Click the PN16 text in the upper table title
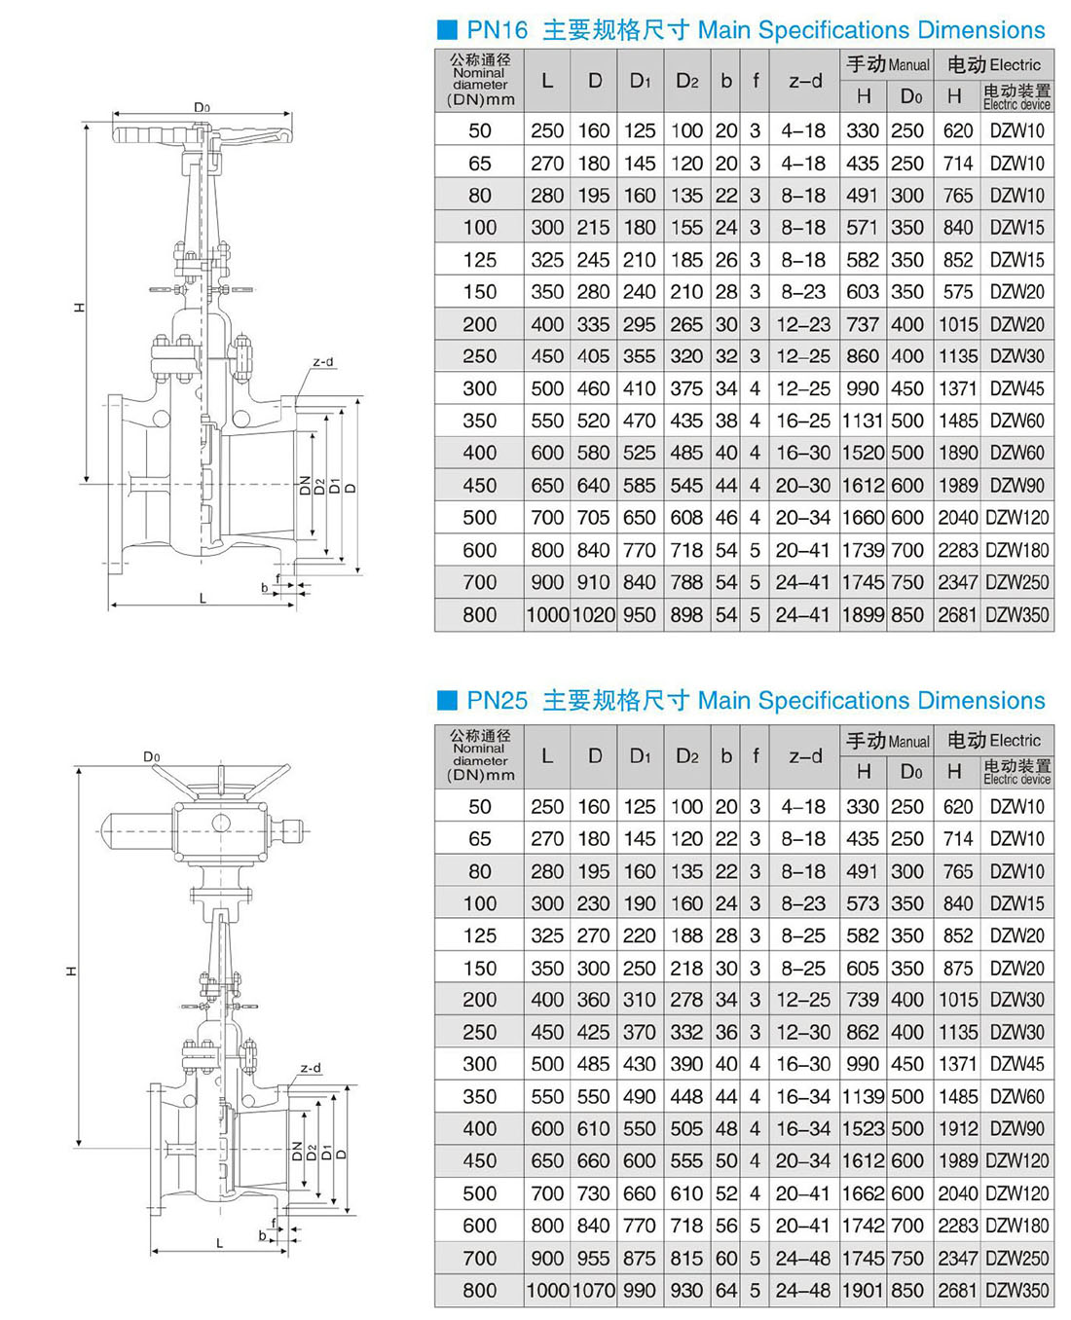tap(497, 30)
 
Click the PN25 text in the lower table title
tap(497, 700)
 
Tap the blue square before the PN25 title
tap(447, 700)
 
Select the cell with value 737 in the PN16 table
tap(863, 324)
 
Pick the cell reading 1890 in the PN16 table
tap(958, 453)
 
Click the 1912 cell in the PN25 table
tap(958, 1129)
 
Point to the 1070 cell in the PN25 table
tap(593, 1290)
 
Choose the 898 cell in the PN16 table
tap(686, 614)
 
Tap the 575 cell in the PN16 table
tap(958, 292)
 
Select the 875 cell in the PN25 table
tap(958, 968)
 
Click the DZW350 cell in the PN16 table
tap(1017, 614)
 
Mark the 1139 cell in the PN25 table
tap(863, 1097)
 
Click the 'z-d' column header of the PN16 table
tap(805, 81)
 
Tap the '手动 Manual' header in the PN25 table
tap(887, 741)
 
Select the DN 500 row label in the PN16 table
tap(480, 518)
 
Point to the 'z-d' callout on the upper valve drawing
tap(323, 362)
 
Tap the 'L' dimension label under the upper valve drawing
tap(203, 599)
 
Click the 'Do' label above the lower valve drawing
tap(151, 756)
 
